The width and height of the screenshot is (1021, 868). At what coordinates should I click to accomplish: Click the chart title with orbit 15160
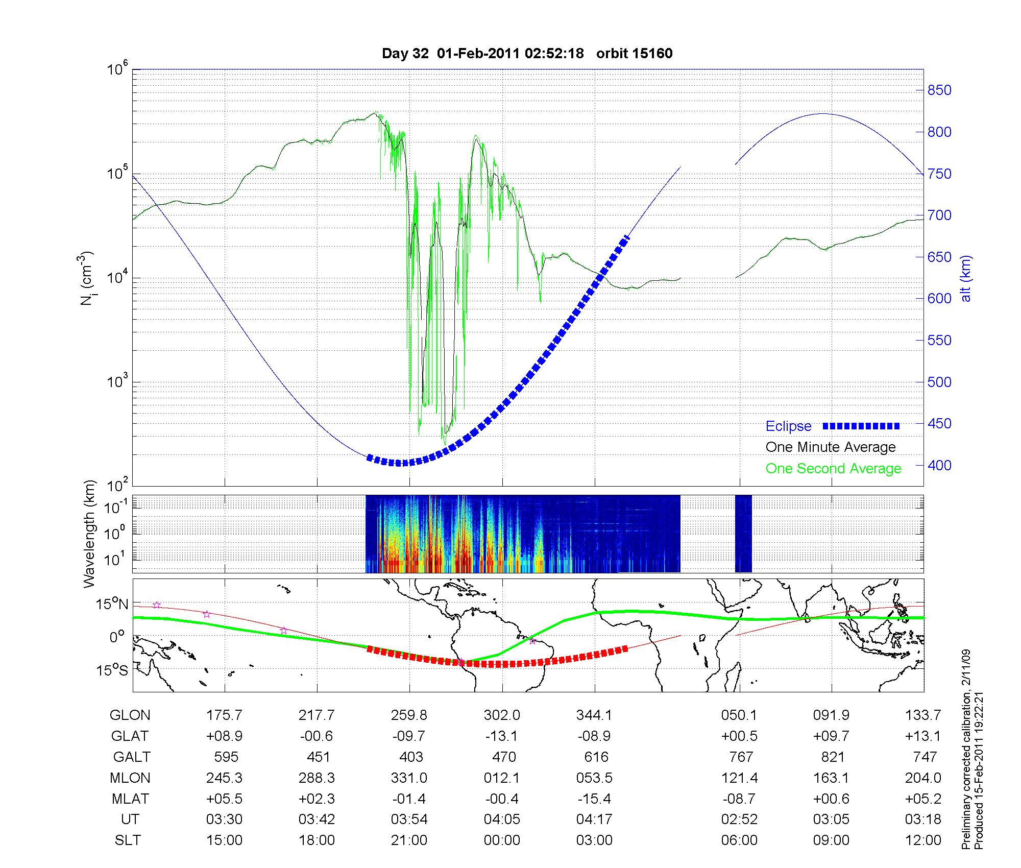[527, 54]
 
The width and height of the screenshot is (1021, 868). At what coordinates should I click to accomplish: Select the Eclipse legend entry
[788, 426]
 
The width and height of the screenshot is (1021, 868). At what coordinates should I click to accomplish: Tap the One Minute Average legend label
[831, 447]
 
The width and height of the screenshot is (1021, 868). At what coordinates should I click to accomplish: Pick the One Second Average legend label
[833, 469]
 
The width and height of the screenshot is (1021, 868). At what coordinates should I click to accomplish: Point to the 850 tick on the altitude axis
[939, 90]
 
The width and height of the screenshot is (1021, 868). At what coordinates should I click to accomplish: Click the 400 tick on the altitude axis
[939, 465]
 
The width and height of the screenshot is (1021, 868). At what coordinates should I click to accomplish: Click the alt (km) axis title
[966, 278]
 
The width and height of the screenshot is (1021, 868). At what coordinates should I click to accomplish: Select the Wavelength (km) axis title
[90, 534]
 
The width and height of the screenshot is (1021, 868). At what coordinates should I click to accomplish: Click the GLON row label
[130, 715]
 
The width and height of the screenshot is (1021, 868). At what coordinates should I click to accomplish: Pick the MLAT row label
[130, 799]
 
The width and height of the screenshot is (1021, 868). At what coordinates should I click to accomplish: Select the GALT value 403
[411, 757]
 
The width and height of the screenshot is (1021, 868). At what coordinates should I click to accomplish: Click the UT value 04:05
[502, 819]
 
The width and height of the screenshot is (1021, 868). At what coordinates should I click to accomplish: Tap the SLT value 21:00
[409, 840]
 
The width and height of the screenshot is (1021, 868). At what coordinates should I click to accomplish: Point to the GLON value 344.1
[594, 715]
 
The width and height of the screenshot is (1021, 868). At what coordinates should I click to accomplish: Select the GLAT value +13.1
[923, 736]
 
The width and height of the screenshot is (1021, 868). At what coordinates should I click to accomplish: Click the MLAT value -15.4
[594, 799]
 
